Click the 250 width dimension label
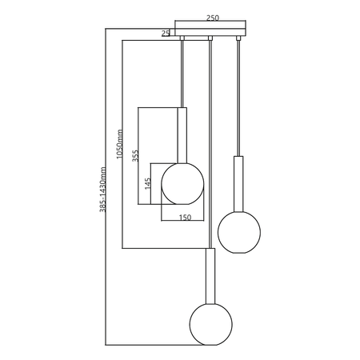click(x=213, y=18)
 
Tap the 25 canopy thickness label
click(x=166, y=34)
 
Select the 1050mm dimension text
click(x=120, y=144)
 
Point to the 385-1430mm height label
click(x=102, y=190)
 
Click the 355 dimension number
click(x=136, y=155)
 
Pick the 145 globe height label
click(x=147, y=183)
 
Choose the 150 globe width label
click(x=185, y=218)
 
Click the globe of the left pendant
click(x=182, y=184)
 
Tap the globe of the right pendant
click(x=239, y=232)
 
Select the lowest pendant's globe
click(x=211, y=324)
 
